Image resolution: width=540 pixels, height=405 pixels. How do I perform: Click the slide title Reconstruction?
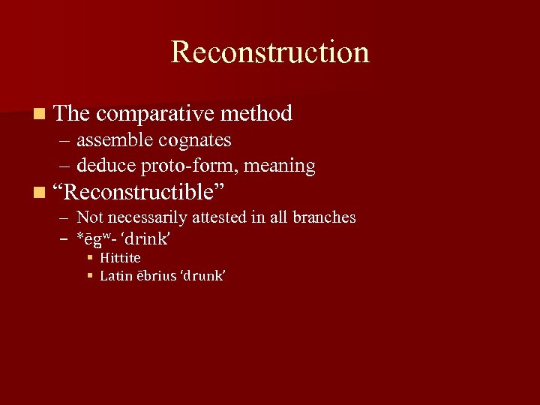[x=270, y=52]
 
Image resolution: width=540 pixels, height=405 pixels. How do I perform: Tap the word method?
[x=256, y=114]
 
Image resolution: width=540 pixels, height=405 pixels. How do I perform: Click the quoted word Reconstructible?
[x=140, y=193]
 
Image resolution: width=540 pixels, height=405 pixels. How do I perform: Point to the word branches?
[x=324, y=217]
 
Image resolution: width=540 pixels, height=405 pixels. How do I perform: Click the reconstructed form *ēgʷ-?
[x=96, y=238]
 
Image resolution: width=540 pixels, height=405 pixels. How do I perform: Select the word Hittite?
[x=120, y=258]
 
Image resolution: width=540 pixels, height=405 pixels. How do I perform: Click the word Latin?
[x=116, y=276]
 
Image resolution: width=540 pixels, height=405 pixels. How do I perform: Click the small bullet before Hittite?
[x=89, y=258]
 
